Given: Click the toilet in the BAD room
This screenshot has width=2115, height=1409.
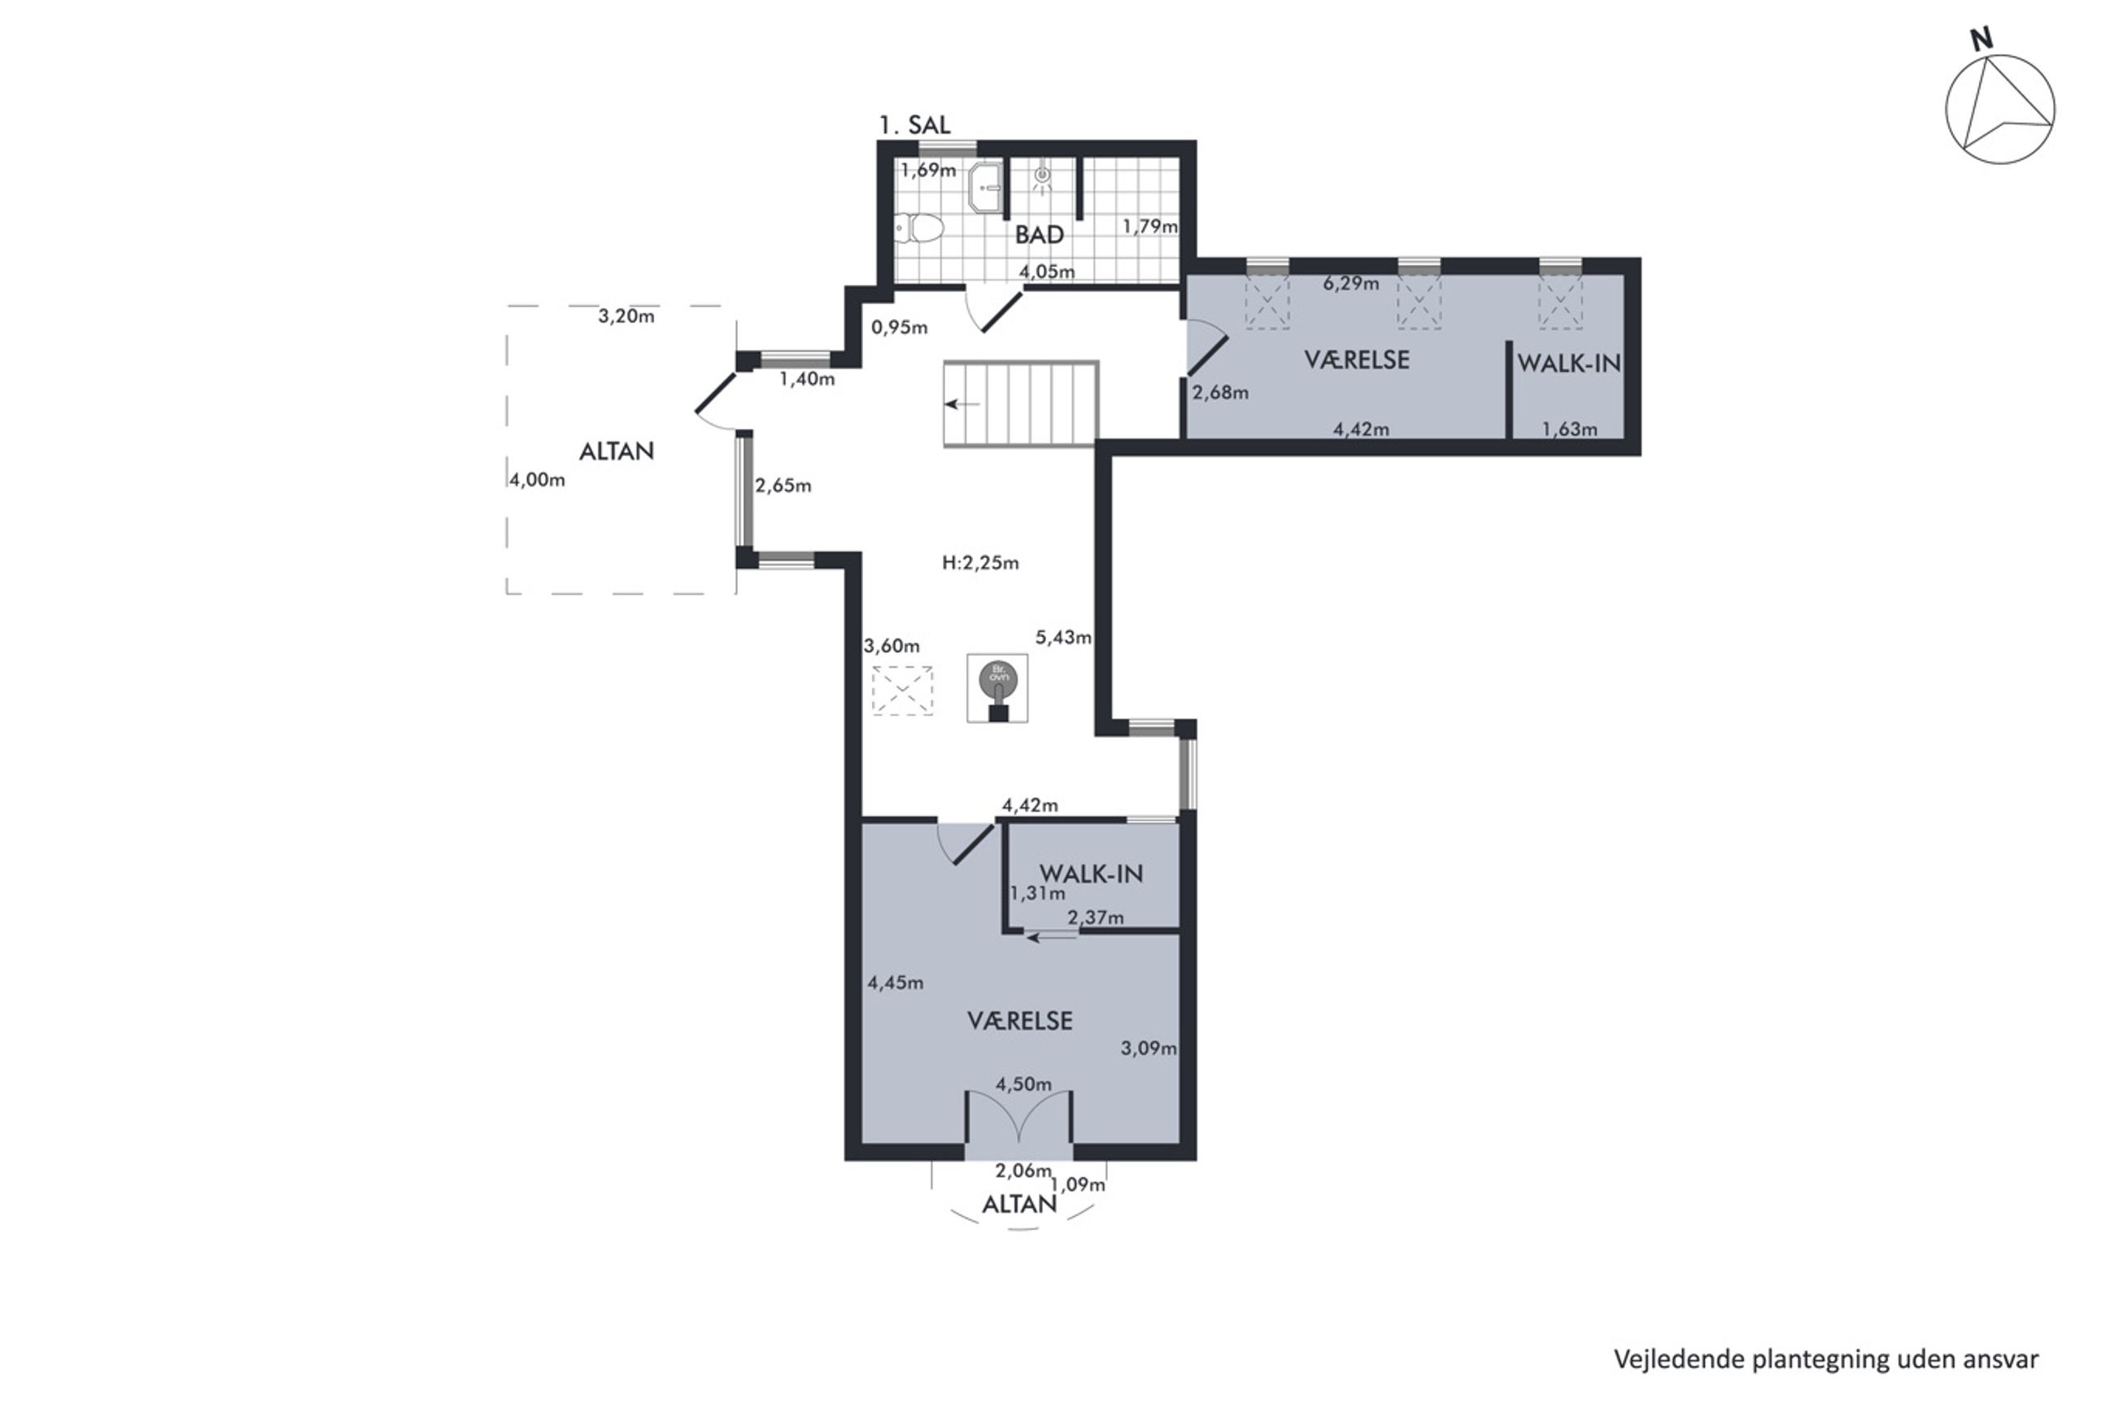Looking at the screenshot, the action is click(919, 229).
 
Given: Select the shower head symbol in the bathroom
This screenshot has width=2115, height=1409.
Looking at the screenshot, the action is click(1042, 177).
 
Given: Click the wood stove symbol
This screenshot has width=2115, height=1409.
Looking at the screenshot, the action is click(997, 688).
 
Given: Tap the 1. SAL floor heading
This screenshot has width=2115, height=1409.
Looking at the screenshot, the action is click(914, 125).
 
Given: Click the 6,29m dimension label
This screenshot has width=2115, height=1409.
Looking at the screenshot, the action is click(1350, 284).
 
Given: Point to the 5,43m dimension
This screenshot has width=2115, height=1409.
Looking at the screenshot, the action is click(1063, 637).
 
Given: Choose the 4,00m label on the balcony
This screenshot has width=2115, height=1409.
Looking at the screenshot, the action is click(537, 480).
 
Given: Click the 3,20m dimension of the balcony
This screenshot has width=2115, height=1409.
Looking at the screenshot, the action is click(626, 316).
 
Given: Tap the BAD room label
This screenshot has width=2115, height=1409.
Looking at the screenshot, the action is click(1040, 234).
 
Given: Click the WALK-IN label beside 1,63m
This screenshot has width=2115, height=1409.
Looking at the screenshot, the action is click(1568, 363).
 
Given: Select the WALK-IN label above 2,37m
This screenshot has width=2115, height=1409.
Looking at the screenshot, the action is click(1091, 873).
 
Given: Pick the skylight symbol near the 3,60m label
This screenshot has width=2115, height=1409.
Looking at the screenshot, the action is click(902, 690).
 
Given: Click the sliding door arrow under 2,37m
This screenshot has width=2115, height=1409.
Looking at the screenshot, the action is click(1051, 938).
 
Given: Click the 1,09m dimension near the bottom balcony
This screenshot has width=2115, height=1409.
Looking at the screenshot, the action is click(1078, 1185).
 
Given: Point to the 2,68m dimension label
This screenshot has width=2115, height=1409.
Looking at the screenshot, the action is click(1220, 393).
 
